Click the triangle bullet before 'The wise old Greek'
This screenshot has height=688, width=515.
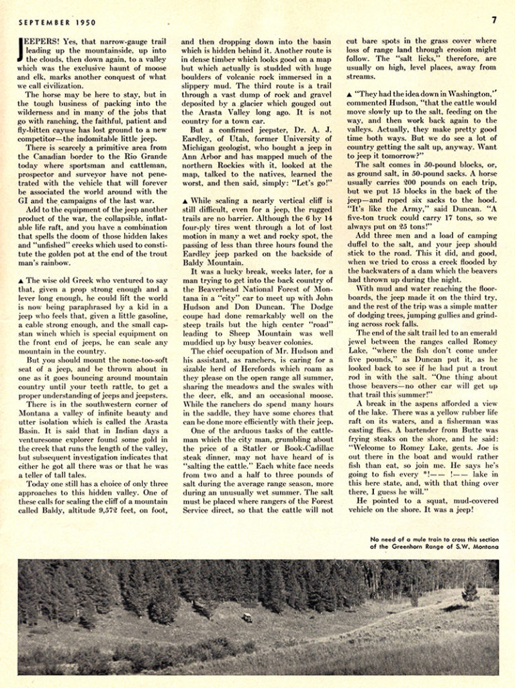[21, 261]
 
